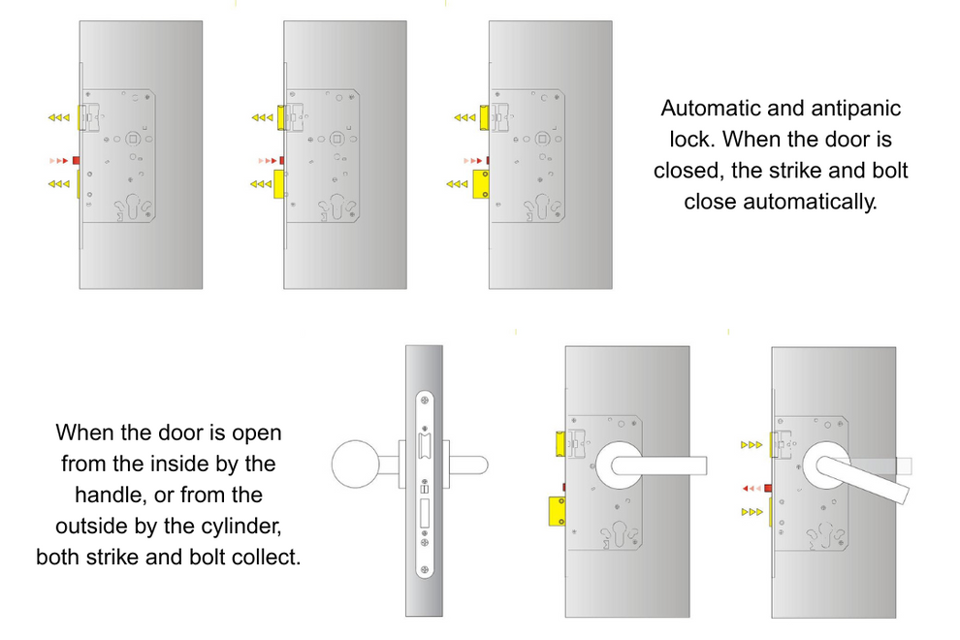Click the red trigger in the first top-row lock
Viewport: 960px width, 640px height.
click(76, 159)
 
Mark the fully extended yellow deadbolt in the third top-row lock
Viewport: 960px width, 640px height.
click(479, 182)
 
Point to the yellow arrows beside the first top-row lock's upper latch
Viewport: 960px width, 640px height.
click(59, 117)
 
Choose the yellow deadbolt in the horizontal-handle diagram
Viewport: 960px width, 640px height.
click(557, 510)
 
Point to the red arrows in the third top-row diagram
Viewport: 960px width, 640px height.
click(473, 159)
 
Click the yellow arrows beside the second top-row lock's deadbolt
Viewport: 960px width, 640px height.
click(261, 182)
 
